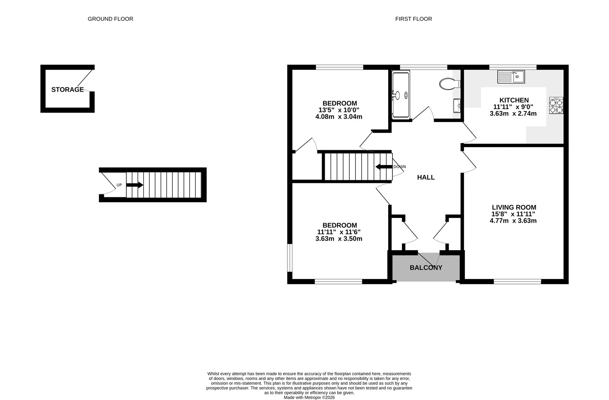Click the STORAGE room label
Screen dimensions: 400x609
[x=67, y=90]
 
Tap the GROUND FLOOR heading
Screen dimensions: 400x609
[x=110, y=19]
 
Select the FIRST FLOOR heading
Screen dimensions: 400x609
[x=413, y=19]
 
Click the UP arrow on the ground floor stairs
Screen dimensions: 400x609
[x=134, y=185]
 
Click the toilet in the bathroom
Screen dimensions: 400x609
[x=448, y=84]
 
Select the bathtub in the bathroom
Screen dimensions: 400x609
[x=401, y=95]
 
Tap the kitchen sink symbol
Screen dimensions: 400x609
[x=511, y=77]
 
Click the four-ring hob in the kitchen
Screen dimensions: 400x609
[x=556, y=105]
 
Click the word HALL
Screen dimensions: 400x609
[x=426, y=177]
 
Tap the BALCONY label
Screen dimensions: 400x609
[x=426, y=268]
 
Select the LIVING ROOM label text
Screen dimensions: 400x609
[x=514, y=207]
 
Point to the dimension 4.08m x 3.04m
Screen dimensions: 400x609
[x=339, y=117]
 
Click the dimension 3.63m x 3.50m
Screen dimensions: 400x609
[x=339, y=239]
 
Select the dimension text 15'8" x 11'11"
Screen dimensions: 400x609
[x=513, y=214]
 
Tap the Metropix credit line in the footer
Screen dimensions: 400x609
[x=309, y=397]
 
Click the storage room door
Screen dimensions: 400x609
[x=86, y=78]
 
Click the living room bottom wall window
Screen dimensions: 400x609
[x=517, y=281]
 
